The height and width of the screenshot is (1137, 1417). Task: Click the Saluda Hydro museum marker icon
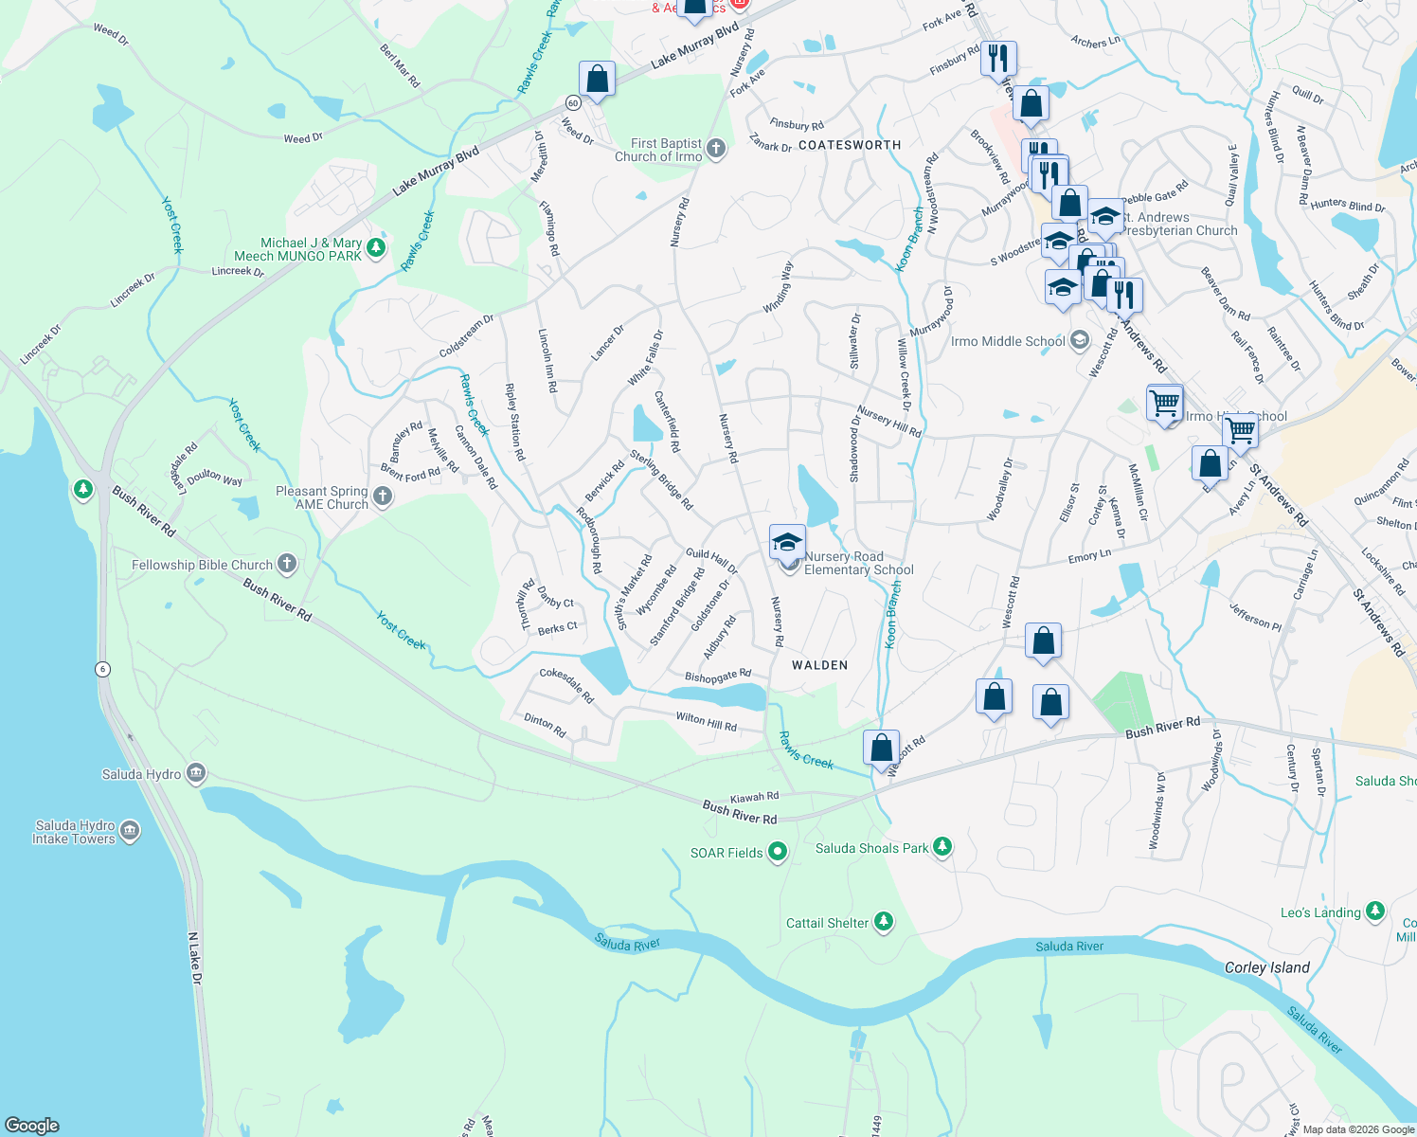tap(196, 773)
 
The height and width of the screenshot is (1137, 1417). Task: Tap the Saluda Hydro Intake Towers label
tap(74, 832)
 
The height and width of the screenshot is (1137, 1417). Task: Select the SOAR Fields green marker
tap(778, 852)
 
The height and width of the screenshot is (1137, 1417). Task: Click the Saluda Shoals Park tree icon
tap(942, 846)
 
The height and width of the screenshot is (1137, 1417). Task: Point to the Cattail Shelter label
tap(827, 923)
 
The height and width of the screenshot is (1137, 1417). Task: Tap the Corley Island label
tap(1266, 967)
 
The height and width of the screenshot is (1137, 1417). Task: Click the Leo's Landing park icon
tap(1374, 911)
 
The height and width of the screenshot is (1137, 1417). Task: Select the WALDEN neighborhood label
tap(819, 665)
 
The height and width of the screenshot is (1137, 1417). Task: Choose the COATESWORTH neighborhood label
tap(850, 145)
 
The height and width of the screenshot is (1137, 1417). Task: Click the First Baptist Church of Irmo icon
tap(715, 148)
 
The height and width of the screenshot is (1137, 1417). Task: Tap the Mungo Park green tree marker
tap(376, 248)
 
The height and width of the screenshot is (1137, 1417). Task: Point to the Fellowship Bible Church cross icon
tap(287, 564)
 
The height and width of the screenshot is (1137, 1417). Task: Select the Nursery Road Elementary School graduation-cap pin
tap(787, 543)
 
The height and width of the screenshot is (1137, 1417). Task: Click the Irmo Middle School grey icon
tap(1079, 341)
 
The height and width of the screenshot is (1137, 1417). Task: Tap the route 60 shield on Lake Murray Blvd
tap(573, 102)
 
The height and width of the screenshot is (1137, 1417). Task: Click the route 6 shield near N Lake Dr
tap(102, 669)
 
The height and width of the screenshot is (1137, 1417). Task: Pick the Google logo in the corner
tap(32, 1125)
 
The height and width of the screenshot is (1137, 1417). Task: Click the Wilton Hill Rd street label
tap(706, 722)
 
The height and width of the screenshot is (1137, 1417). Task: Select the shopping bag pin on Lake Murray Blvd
tap(597, 80)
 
